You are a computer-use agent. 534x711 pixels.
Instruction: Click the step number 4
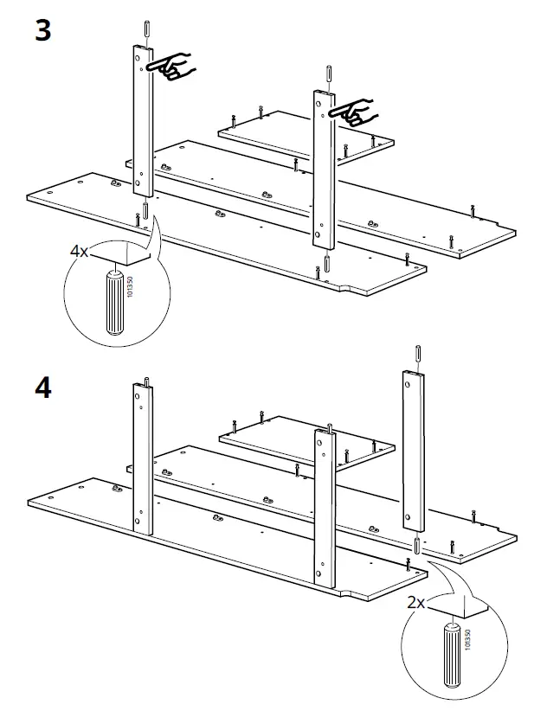tap(42, 388)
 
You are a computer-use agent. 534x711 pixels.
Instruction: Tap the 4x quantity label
tap(80, 252)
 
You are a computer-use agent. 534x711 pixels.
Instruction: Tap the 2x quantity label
tap(416, 602)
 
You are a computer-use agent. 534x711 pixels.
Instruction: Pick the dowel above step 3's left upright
tap(146, 28)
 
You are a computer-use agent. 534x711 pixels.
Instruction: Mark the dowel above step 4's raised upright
tap(418, 351)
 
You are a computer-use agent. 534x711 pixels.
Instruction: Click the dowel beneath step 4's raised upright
tap(417, 545)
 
